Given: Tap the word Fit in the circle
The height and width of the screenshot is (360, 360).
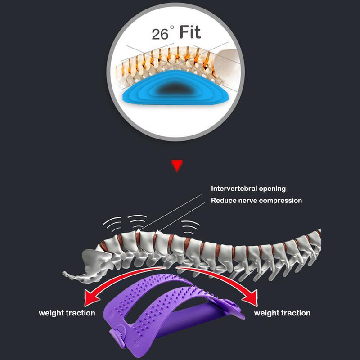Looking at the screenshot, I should [x=190, y=32].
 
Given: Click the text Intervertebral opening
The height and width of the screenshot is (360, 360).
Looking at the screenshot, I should [x=248, y=189].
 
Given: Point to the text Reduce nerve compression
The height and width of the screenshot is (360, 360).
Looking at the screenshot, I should [x=256, y=201].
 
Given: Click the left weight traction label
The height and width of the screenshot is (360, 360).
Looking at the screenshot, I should [x=67, y=313].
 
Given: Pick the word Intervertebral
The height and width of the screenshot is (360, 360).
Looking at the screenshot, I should [x=234, y=189].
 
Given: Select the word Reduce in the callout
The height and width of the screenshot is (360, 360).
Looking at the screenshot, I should [x=223, y=201].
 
